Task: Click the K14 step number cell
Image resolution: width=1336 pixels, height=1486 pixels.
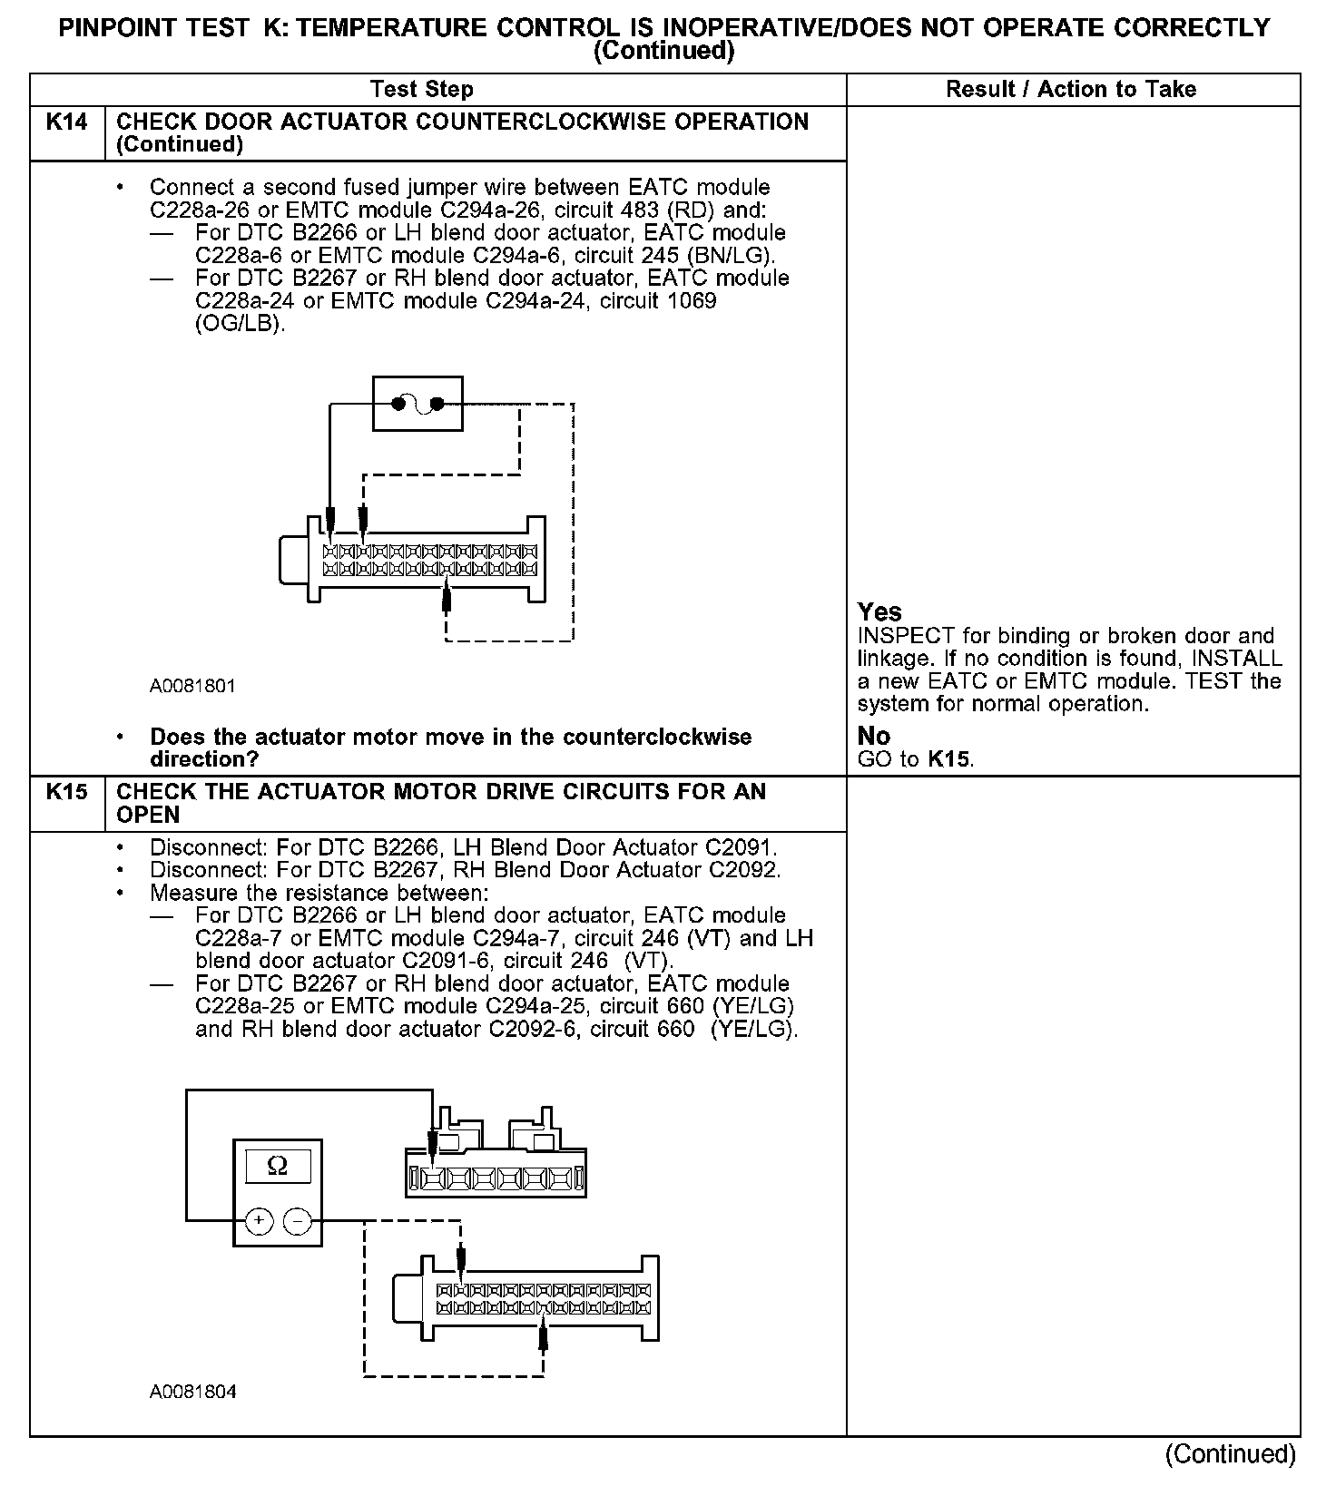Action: (67, 122)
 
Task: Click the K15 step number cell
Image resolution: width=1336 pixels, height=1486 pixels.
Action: (67, 792)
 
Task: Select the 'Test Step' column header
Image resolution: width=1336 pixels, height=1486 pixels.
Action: (421, 90)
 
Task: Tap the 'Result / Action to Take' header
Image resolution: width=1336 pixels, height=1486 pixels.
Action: (1071, 90)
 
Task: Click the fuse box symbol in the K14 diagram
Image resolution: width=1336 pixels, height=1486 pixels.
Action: (417, 404)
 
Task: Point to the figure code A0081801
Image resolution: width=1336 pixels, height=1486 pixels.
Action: (192, 686)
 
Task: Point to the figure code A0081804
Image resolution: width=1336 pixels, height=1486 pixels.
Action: (192, 1392)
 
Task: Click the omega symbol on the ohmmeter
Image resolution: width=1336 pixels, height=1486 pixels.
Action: (278, 1166)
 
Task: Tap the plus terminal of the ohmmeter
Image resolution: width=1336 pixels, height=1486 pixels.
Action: (259, 1221)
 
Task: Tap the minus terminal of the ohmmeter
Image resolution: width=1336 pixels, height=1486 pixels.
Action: (297, 1221)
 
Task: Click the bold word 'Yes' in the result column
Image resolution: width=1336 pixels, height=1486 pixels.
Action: (879, 612)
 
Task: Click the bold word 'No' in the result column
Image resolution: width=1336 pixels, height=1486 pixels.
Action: (873, 736)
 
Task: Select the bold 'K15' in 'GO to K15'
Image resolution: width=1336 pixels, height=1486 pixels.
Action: (949, 759)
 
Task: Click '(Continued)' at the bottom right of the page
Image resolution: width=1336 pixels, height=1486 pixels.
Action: (1231, 1454)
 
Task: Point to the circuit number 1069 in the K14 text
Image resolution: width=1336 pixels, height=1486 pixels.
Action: (691, 301)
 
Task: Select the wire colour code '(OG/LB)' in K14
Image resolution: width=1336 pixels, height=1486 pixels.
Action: (240, 324)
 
